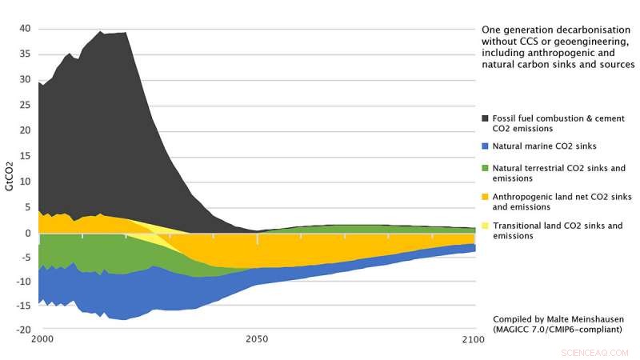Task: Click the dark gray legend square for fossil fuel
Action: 486,118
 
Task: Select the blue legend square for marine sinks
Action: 486,146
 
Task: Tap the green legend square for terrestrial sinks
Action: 486,168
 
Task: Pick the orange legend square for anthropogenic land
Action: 486,197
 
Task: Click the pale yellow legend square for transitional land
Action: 486,226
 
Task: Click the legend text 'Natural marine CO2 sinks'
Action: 544,146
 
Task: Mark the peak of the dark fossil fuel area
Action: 101,32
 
